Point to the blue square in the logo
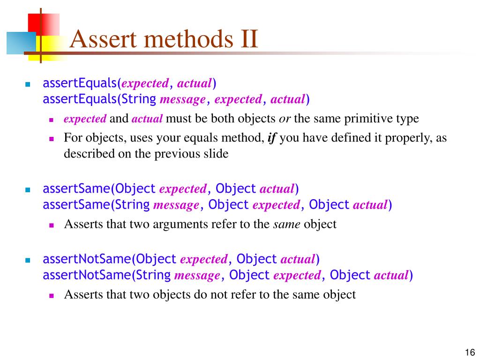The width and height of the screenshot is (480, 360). (x=21, y=43)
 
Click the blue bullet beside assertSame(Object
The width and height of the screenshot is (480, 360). (x=27, y=190)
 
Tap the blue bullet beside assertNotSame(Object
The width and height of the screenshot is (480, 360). (x=27, y=260)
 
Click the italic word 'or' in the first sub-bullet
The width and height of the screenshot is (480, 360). (x=285, y=119)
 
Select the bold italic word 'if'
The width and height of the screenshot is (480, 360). (x=271, y=138)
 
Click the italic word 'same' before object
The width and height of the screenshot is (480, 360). (x=286, y=224)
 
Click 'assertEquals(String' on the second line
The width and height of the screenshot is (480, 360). (x=99, y=99)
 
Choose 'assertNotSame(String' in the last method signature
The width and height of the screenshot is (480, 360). (x=106, y=275)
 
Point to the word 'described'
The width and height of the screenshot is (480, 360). (x=86, y=154)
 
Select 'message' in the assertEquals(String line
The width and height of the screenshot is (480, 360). (x=183, y=99)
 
